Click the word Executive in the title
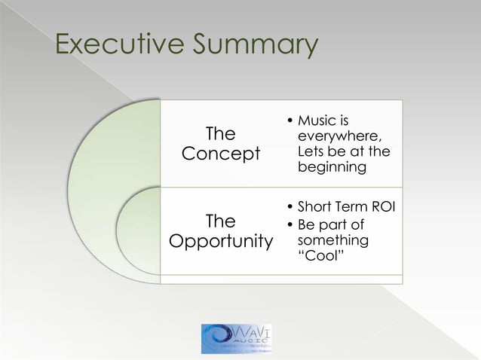click(x=118, y=45)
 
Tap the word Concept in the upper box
click(x=221, y=154)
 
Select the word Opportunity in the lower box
click(x=221, y=243)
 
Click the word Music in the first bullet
click(x=317, y=121)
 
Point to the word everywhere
click(x=339, y=137)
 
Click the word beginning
click(x=332, y=167)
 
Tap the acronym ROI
click(x=379, y=207)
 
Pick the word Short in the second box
click(x=316, y=207)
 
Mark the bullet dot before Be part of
click(x=290, y=224)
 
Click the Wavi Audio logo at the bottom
click(x=237, y=338)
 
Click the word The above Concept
click(x=220, y=134)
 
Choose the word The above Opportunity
click(x=220, y=221)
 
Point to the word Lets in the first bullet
click(x=312, y=152)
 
